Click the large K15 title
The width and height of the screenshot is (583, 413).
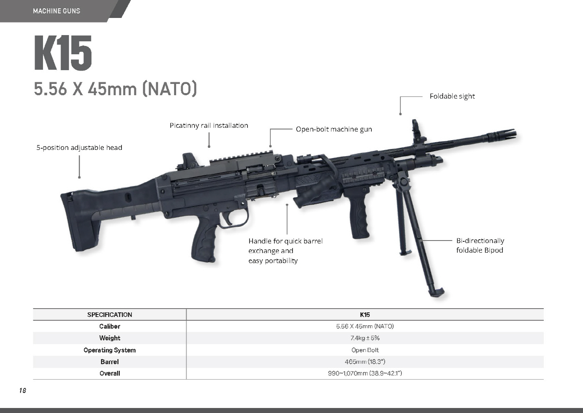tap(63, 53)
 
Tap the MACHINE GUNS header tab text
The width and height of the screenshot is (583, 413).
tap(56, 11)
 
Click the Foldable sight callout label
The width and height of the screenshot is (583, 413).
tap(452, 96)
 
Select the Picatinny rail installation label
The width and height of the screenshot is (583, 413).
tap(209, 126)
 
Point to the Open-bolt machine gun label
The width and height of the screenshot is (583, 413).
tap(334, 129)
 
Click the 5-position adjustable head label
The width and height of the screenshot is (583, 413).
tap(79, 148)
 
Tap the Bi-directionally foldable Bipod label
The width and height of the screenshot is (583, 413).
tap(480, 245)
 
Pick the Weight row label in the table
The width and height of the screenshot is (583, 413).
tap(110, 338)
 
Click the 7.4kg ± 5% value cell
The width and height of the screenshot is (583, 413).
tap(365, 338)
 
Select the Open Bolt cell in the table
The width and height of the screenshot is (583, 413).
tap(365, 350)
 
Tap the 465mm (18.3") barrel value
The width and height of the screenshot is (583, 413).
tap(365, 362)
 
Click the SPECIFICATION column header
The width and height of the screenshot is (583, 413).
tap(110, 314)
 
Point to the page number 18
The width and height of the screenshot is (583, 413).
tap(23, 390)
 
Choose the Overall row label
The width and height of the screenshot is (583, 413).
tap(110, 373)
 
